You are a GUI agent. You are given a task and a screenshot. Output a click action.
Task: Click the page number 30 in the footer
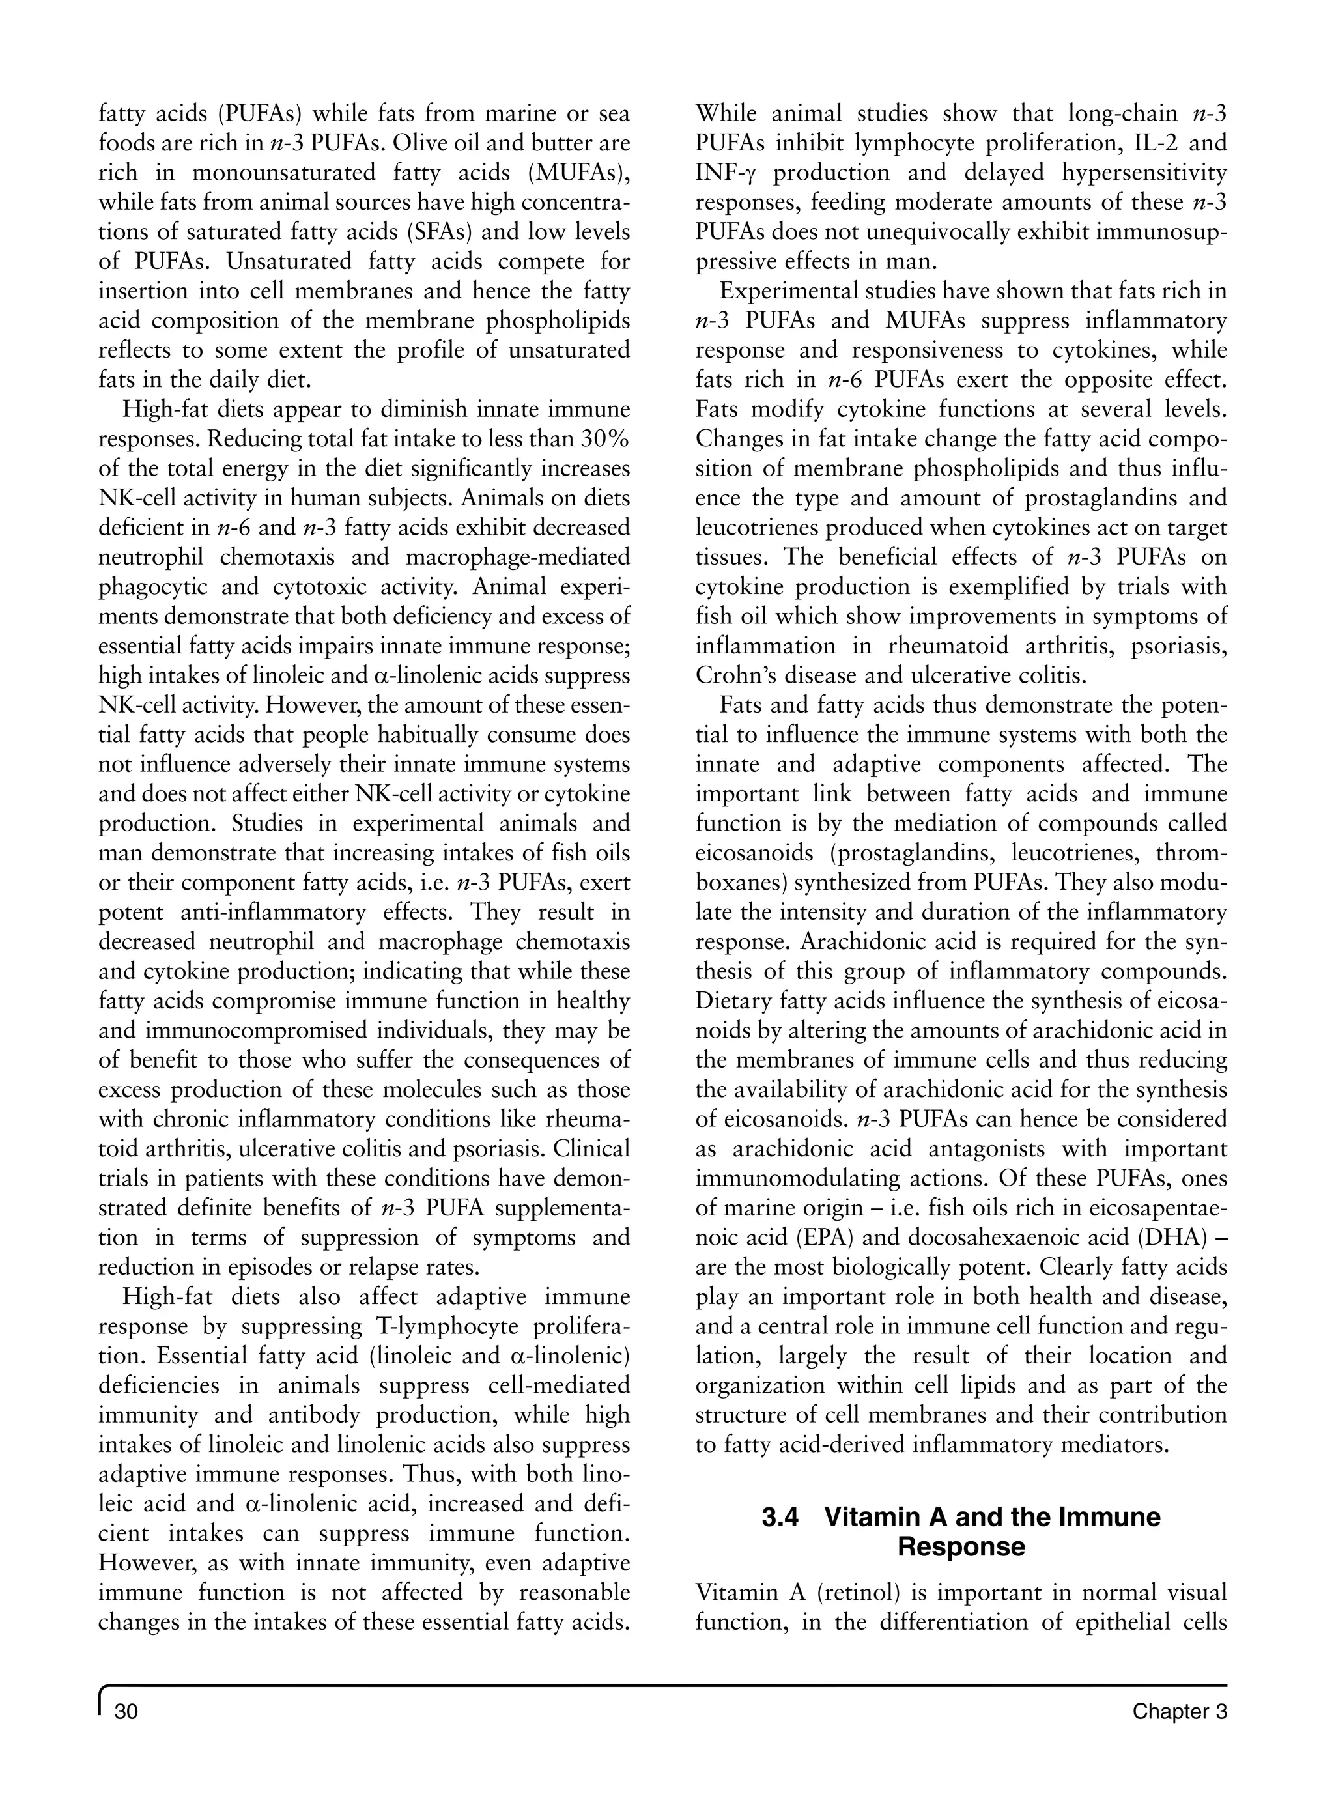(x=127, y=1734)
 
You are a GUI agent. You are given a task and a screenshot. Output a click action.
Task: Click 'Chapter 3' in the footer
(x=1179, y=1734)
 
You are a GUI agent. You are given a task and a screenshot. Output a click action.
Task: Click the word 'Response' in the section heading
(x=961, y=1547)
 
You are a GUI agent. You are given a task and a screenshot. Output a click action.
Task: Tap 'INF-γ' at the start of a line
(x=727, y=173)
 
